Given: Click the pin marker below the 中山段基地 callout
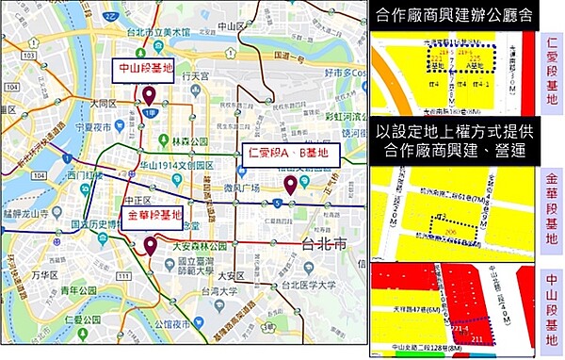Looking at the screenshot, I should (149, 95).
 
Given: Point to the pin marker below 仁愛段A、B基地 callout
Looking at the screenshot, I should (290, 186).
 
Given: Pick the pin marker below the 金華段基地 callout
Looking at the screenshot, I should (150, 247).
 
